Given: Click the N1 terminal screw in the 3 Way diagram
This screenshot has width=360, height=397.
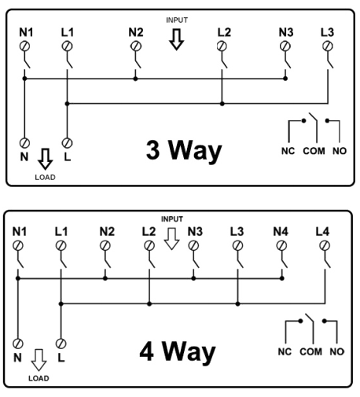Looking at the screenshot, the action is click(x=24, y=46).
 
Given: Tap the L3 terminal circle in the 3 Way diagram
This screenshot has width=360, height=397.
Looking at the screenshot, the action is click(x=327, y=46).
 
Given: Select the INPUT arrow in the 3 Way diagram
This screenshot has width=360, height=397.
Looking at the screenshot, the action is click(x=176, y=39).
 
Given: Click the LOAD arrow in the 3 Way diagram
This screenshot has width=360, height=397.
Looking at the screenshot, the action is click(x=45, y=159).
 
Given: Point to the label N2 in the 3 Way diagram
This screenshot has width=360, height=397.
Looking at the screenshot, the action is click(x=136, y=32).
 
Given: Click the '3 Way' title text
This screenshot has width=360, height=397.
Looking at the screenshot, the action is click(x=184, y=150).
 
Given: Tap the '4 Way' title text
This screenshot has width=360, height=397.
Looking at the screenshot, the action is click(x=178, y=351).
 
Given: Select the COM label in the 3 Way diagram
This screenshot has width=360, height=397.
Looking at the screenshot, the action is click(x=314, y=151).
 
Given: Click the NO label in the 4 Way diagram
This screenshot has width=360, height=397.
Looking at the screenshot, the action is click(x=336, y=351).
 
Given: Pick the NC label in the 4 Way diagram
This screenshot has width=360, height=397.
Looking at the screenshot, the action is click(x=285, y=351).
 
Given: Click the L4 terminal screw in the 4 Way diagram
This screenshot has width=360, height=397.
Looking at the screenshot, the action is click(x=325, y=246).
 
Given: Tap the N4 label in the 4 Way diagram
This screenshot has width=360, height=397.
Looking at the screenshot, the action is click(x=281, y=232).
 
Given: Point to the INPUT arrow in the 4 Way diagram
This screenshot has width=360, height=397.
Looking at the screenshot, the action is click(x=171, y=239).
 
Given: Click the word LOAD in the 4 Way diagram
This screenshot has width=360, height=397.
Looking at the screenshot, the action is click(x=39, y=378).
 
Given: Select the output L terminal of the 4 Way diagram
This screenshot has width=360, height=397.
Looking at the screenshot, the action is click(x=61, y=344).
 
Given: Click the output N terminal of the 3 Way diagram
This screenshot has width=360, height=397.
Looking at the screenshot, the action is click(x=24, y=143).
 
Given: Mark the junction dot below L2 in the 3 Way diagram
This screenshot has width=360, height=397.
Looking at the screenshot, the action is click(x=222, y=104).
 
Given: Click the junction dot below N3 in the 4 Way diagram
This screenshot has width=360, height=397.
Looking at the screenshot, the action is click(x=193, y=278).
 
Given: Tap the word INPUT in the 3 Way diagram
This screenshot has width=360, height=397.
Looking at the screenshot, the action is click(x=177, y=20).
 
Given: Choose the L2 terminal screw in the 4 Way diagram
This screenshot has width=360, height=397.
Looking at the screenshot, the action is click(x=149, y=246).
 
